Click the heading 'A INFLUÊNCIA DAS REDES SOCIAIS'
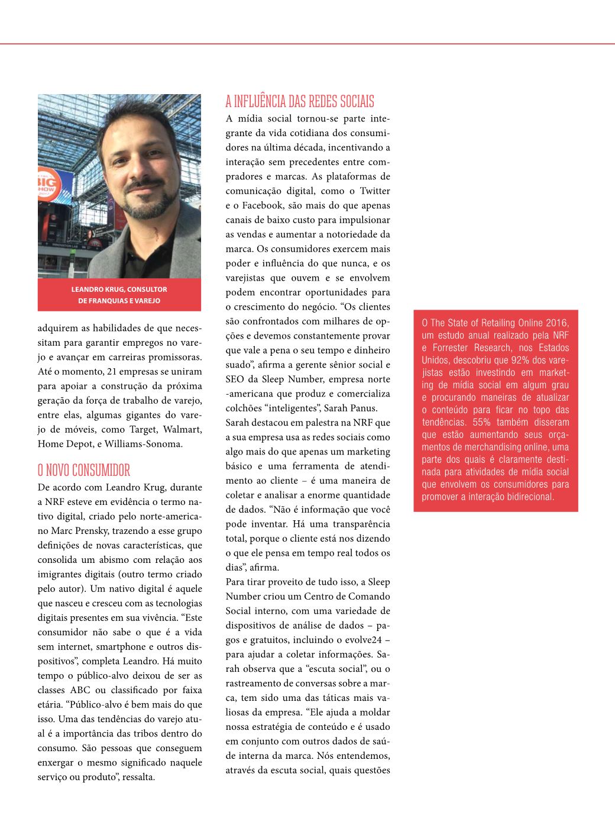[x=300, y=101]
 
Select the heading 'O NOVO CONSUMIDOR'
[x=84, y=471]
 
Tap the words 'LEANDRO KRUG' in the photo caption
[x=98, y=289]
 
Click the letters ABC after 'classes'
[x=80, y=690]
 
